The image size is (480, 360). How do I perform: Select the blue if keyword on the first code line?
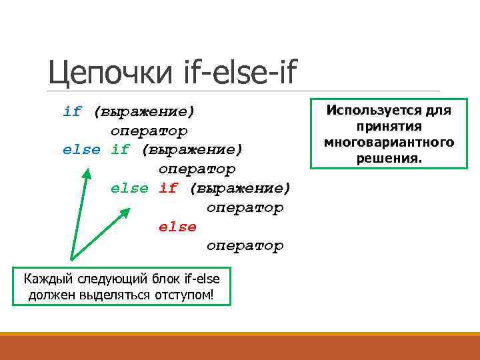72,111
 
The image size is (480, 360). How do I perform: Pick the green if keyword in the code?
120,149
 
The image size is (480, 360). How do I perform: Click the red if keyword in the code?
168,188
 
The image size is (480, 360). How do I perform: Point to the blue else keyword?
81,149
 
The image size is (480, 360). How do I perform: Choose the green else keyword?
129,188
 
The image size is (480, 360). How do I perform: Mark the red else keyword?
177,227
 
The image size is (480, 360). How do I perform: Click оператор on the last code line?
245,246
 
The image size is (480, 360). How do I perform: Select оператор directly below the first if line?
149,131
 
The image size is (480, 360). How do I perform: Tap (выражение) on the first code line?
144,111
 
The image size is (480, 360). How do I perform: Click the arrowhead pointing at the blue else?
87,172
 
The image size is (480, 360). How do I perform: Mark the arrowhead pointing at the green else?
126,211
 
